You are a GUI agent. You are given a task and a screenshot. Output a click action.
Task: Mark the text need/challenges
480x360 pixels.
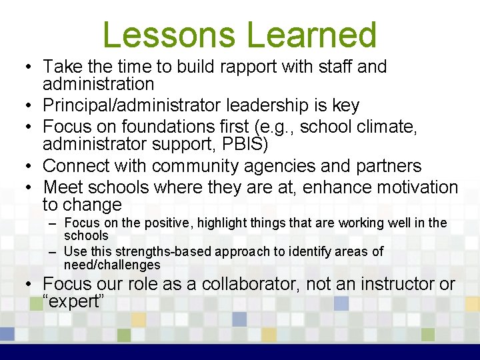(112, 265)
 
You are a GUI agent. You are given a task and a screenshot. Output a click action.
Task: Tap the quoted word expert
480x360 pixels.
(73, 301)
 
